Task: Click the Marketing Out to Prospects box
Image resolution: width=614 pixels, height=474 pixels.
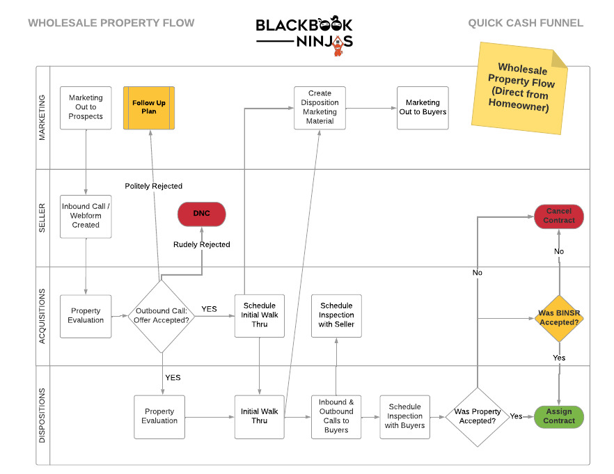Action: tap(86, 107)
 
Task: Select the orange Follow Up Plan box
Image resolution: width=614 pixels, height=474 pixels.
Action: tap(149, 107)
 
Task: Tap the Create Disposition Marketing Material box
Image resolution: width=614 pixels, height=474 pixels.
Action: tap(320, 107)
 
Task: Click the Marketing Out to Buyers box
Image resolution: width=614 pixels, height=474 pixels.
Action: tap(423, 107)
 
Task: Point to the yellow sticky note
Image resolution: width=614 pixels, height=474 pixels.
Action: tap(519, 86)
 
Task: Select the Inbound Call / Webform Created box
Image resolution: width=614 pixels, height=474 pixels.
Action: tap(86, 216)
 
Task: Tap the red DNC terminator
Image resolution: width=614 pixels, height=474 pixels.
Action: tap(202, 214)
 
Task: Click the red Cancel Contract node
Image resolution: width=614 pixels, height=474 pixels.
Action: tap(559, 216)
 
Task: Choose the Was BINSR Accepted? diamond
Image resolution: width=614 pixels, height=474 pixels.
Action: tap(559, 318)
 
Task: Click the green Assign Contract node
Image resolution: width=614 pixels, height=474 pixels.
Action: tap(559, 416)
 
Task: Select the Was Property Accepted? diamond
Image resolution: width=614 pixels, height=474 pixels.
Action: tap(477, 416)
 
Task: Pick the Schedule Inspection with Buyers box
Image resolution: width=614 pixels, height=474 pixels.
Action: tap(405, 416)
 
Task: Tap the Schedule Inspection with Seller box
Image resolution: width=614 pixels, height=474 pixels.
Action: tap(336, 315)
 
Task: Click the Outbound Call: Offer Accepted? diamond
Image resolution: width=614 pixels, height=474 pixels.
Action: tap(162, 315)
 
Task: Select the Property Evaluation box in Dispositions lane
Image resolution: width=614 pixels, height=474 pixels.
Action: tap(159, 416)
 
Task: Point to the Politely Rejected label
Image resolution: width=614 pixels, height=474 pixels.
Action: tap(153, 186)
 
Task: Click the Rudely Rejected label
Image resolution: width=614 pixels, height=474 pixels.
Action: tap(202, 244)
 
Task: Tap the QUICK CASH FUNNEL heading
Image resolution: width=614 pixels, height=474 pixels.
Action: tap(525, 23)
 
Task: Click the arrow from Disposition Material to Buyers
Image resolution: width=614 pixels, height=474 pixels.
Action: tap(371, 108)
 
